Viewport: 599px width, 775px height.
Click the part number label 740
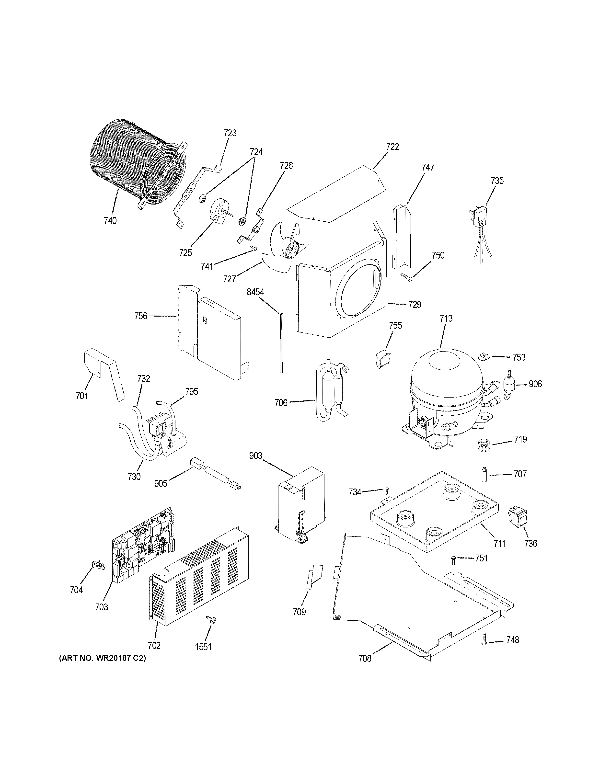(110, 220)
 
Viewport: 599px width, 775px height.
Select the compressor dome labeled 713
(445, 376)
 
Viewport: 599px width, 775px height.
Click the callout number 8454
(255, 292)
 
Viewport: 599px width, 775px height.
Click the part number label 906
(535, 384)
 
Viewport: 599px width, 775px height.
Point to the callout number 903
(255, 456)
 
